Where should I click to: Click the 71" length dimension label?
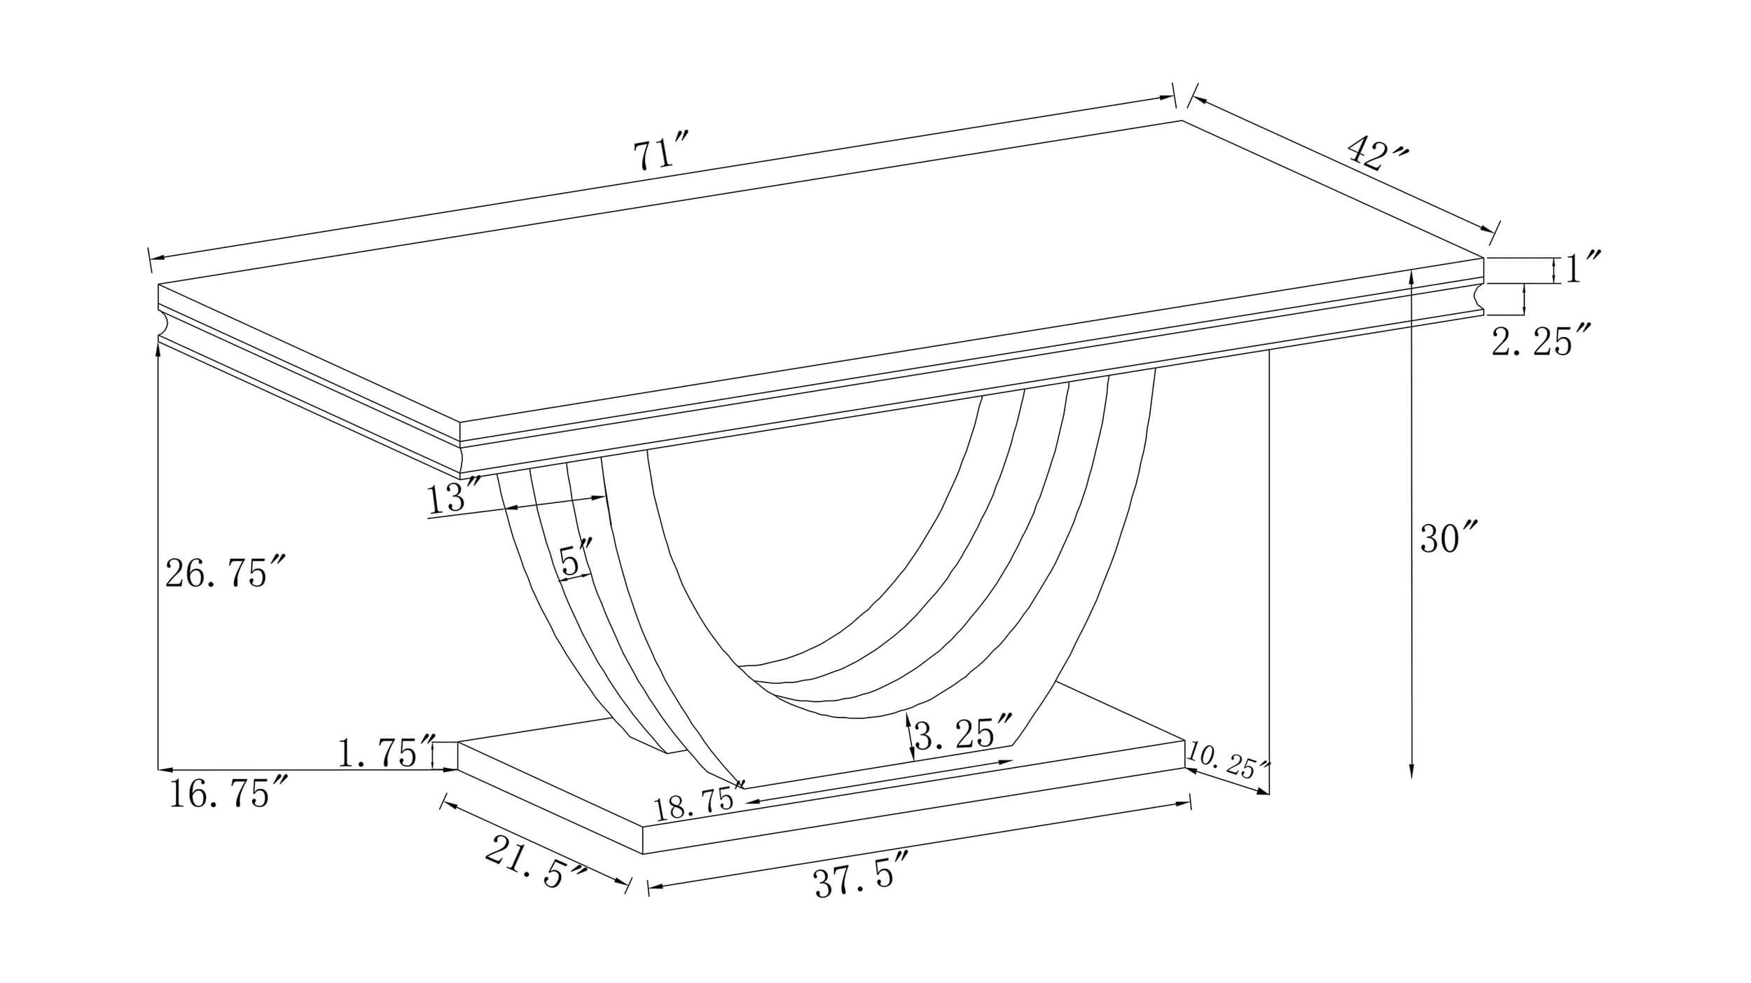pos(662,154)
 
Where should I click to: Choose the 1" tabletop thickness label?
pos(1582,268)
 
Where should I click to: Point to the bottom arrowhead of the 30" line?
pos(1411,771)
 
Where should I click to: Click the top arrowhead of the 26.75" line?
pos(159,350)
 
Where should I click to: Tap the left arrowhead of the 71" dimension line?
pos(158,260)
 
